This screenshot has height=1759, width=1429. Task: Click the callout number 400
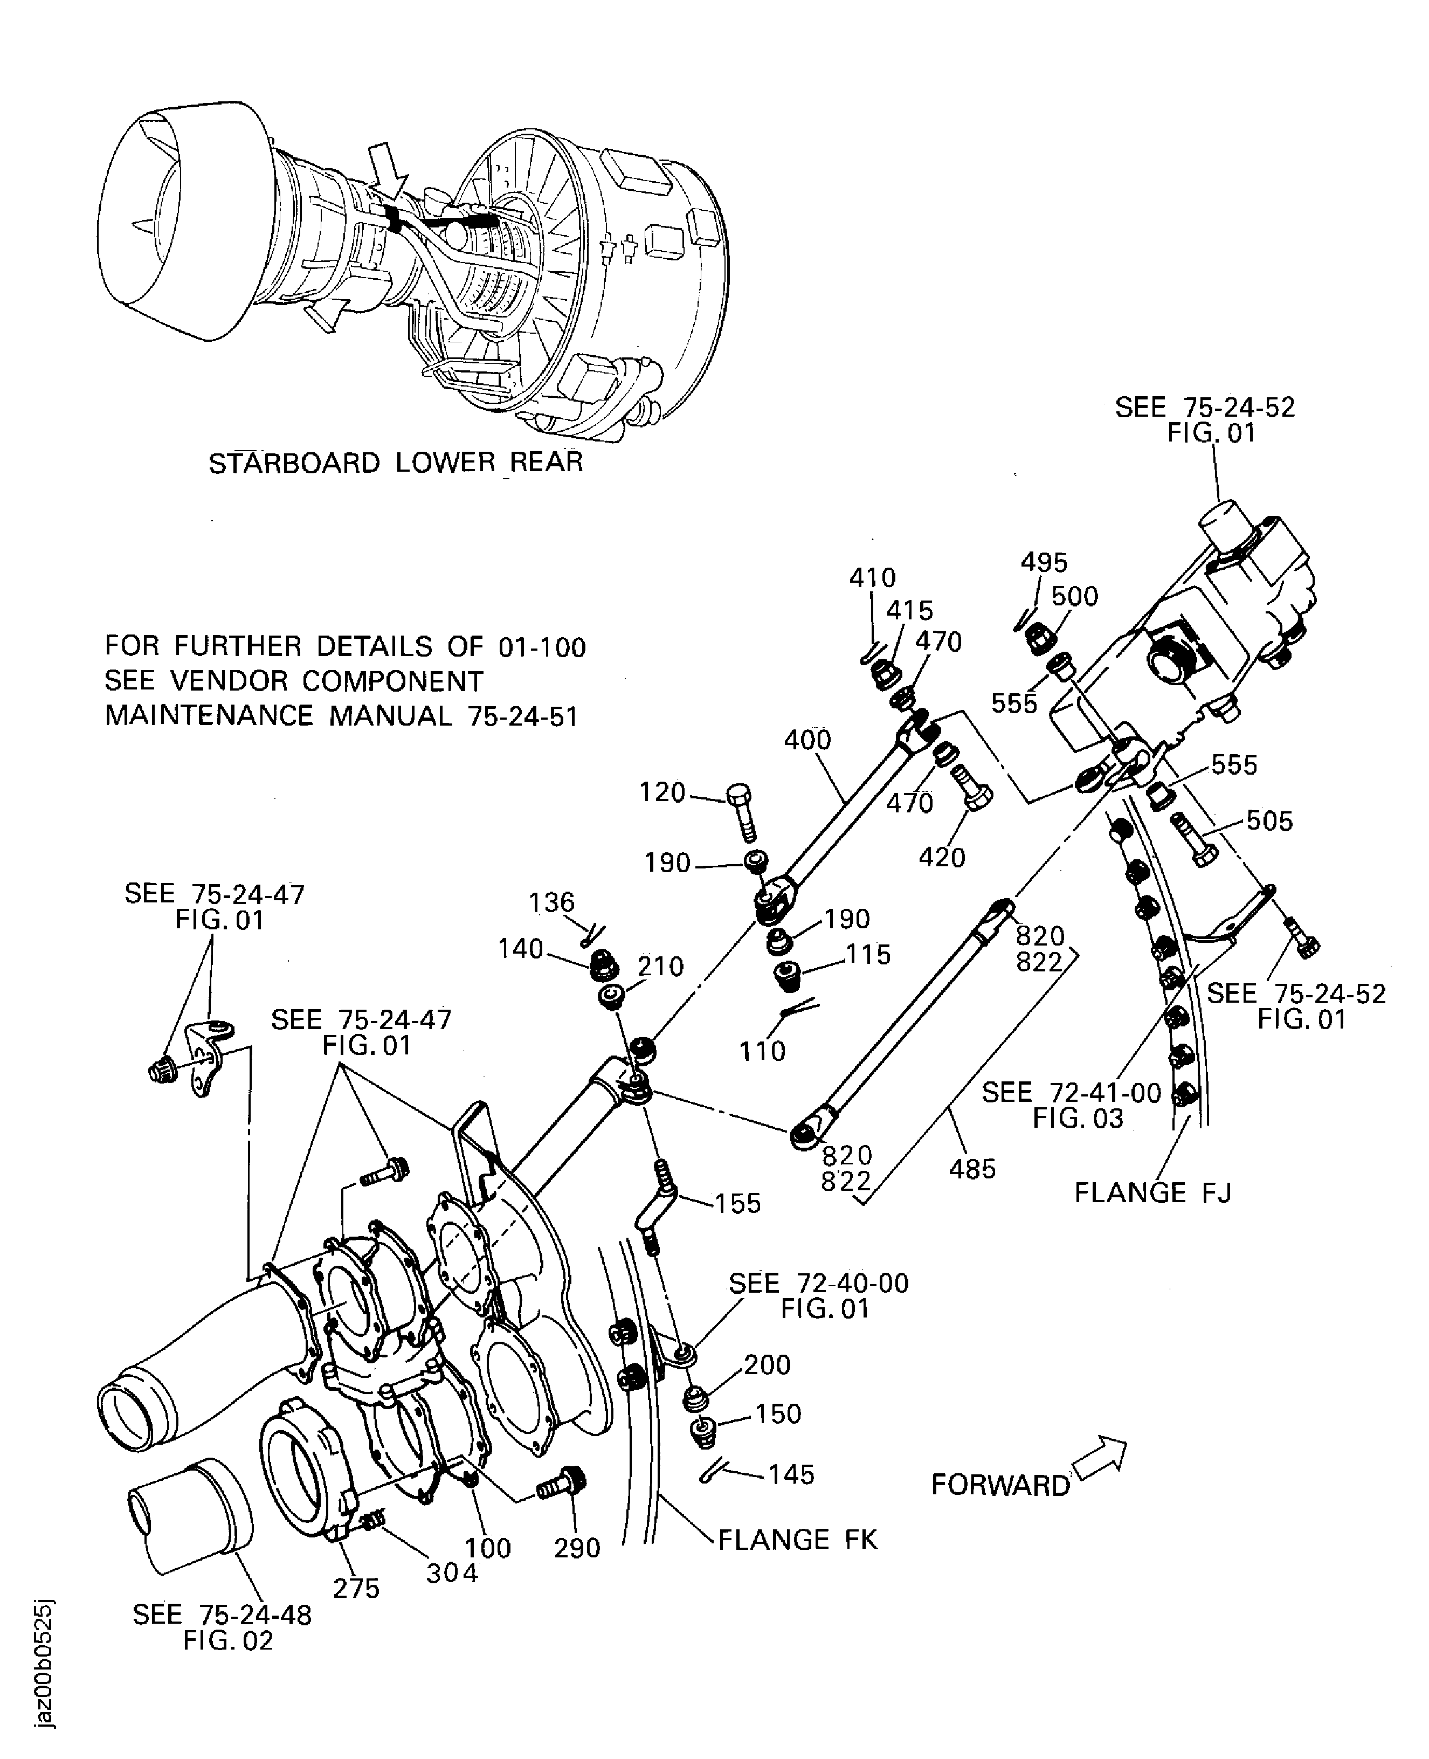[x=807, y=740]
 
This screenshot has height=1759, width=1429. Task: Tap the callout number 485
[x=972, y=1169]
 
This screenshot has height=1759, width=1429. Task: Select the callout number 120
[x=662, y=792]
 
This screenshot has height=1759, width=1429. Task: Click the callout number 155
[x=737, y=1203]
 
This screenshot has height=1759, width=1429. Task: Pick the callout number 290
[x=577, y=1548]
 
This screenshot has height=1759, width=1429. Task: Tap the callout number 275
[x=356, y=1588]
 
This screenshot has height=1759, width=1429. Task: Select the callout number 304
[x=452, y=1573]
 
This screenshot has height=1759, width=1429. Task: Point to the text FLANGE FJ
[x=1152, y=1192]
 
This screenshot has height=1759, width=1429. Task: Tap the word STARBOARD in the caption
[x=294, y=464]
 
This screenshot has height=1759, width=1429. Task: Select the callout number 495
[x=1044, y=562]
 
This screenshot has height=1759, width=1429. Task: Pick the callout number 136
[x=551, y=902]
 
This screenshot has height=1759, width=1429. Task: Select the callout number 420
[x=942, y=857]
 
